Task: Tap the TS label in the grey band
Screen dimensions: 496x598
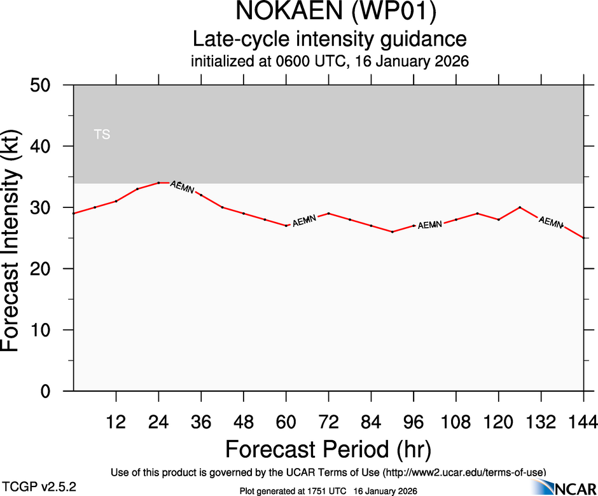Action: point(102,135)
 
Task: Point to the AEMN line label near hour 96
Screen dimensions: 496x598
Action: point(430,224)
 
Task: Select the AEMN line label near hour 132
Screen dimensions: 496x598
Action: point(551,223)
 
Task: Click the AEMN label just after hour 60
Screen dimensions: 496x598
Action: point(304,221)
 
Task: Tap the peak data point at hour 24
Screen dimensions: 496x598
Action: point(158,183)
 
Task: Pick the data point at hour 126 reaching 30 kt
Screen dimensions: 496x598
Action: point(520,207)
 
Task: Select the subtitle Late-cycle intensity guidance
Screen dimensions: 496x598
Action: point(330,39)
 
